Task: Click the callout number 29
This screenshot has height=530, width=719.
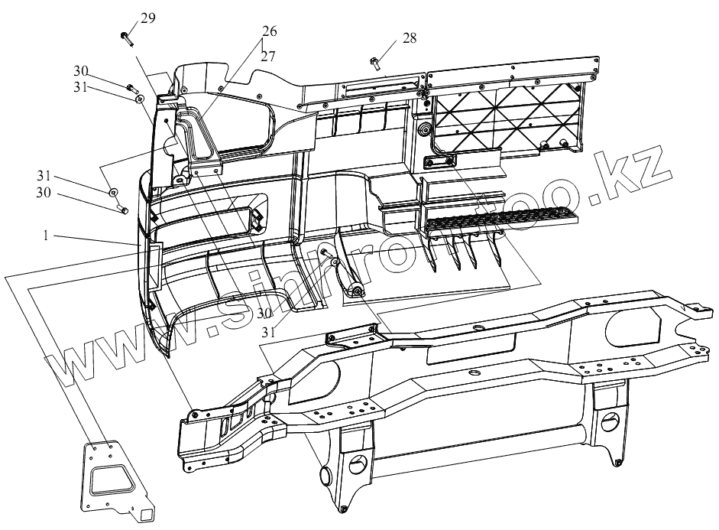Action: [147, 18]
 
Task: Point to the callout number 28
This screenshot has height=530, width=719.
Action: [410, 38]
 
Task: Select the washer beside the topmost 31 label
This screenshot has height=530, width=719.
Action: [139, 97]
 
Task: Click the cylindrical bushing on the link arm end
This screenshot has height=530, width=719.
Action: [355, 291]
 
